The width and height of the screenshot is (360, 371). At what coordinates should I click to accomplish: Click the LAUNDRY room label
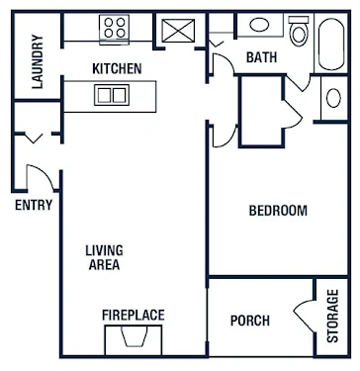[x=38, y=61]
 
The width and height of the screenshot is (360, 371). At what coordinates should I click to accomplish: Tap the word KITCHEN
[x=117, y=69]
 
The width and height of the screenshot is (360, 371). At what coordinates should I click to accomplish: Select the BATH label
[x=262, y=57]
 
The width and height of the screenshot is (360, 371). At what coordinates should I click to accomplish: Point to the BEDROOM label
[x=278, y=211]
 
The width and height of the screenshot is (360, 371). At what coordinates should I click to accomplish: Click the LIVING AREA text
[x=104, y=257]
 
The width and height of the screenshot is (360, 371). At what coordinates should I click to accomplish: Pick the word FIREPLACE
[x=134, y=315]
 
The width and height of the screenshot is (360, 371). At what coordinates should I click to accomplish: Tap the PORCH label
[x=250, y=321]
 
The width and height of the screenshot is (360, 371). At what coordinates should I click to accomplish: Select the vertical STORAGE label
[x=332, y=316]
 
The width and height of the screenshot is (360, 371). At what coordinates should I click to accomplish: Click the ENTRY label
[x=34, y=205]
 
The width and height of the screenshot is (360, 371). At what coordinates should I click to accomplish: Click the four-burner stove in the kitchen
[x=114, y=29]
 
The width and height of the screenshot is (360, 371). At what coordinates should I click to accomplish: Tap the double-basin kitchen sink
[x=112, y=95]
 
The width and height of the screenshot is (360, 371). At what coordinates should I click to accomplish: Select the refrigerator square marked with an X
[x=178, y=31]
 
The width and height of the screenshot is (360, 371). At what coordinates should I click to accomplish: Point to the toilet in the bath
[x=299, y=31]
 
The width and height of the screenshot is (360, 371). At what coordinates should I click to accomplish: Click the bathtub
[x=331, y=44]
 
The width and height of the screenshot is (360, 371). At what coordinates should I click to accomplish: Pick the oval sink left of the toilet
[x=259, y=25]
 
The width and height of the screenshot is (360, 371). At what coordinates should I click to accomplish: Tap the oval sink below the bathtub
[x=333, y=98]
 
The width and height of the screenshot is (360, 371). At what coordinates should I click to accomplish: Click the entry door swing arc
[x=45, y=171]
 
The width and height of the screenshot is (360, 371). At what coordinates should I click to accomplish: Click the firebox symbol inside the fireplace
[x=134, y=336]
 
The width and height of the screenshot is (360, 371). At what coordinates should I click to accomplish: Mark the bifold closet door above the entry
[x=34, y=138]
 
